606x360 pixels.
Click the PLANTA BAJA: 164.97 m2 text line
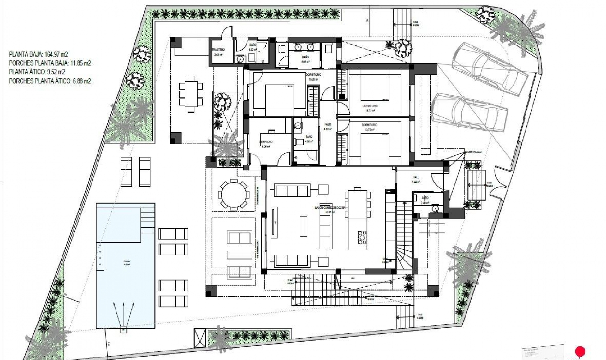click(39, 54)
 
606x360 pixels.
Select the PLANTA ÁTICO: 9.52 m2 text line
click(37, 72)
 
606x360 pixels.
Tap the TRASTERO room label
click(218, 50)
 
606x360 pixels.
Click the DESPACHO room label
click(266, 142)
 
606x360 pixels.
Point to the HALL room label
click(416, 177)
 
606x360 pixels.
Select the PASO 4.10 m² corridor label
click(328, 127)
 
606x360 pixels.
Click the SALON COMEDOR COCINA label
click(330, 208)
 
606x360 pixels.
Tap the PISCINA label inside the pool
click(126, 262)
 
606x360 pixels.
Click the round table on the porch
click(234, 195)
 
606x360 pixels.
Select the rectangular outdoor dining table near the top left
click(191, 94)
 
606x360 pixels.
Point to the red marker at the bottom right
click(580, 351)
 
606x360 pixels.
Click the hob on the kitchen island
click(362, 237)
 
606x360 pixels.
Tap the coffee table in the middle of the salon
click(303, 226)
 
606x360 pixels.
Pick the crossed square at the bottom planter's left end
click(200, 338)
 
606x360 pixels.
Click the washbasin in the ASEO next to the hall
click(435, 209)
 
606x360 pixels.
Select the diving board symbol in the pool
click(124, 316)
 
